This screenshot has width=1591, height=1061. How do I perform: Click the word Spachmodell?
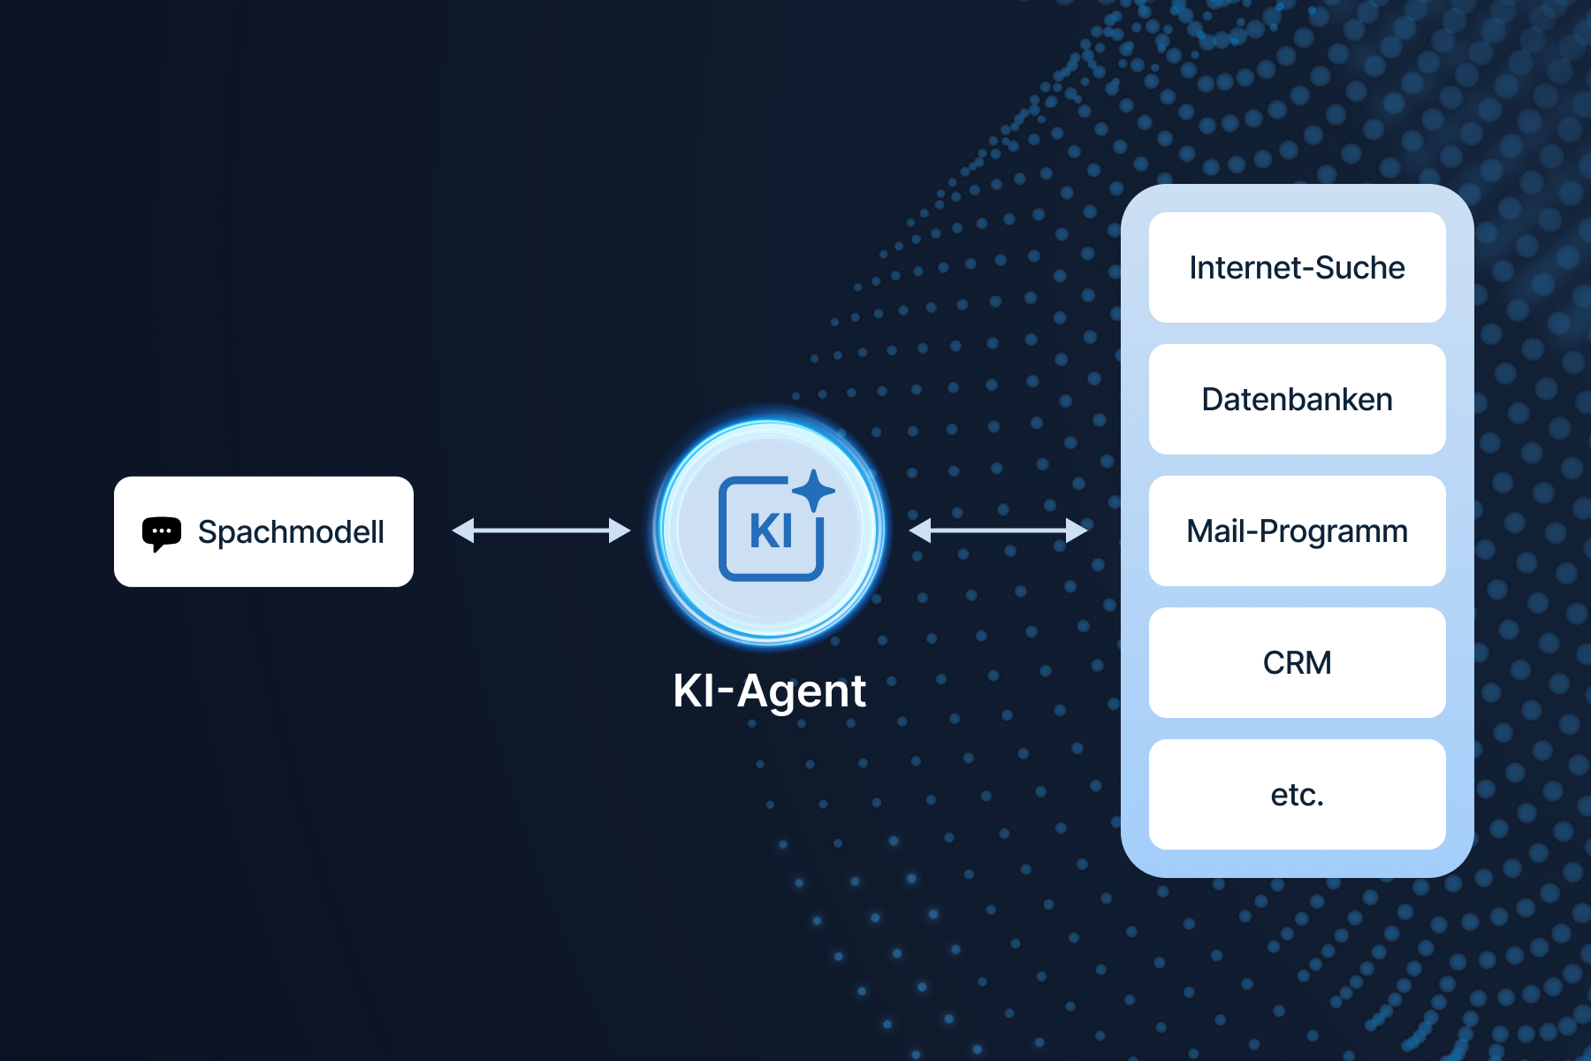click(291, 532)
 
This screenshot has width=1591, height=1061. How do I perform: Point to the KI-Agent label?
click(769, 691)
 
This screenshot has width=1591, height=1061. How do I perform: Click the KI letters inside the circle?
click(771, 531)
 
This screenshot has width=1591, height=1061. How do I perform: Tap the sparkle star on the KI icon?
click(813, 490)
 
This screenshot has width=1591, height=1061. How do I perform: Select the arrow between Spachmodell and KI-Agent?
click(541, 530)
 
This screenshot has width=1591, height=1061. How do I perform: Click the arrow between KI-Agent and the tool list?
click(998, 530)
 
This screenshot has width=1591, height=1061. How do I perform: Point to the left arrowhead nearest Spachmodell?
click(463, 530)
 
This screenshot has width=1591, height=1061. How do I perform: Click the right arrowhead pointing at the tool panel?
click(1077, 530)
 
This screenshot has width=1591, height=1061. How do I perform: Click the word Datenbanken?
click(1297, 400)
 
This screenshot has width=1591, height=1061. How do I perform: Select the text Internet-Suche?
click(1297, 268)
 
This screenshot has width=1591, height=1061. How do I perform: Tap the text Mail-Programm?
click(1297, 531)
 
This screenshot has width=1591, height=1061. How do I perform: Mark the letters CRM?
click(1297, 663)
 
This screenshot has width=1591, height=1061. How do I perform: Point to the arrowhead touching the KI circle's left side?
click(620, 530)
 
